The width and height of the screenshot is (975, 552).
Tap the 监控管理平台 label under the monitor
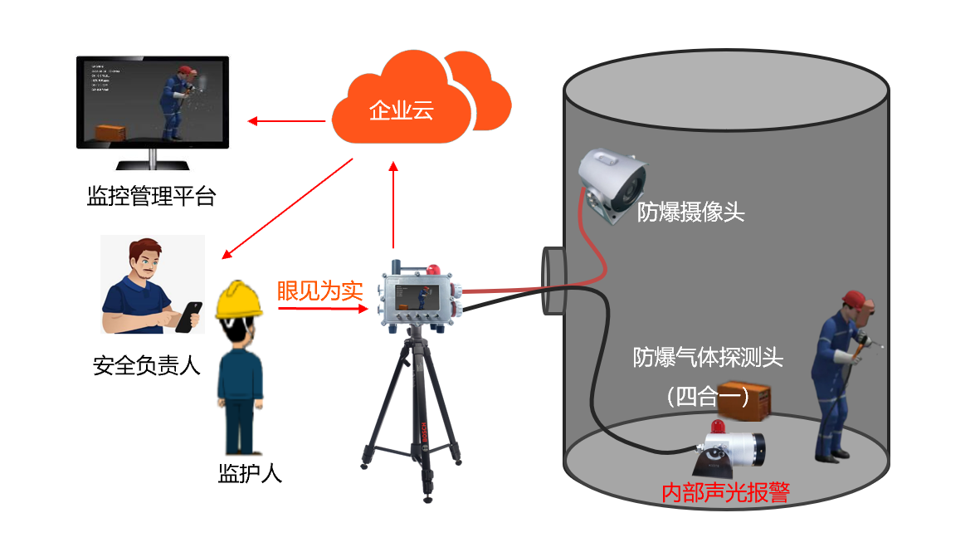pyautogui.click(x=151, y=197)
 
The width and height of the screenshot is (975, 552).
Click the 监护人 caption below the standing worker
pyautogui.click(x=250, y=474)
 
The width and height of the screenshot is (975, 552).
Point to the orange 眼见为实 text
pyautogui.click(x=319, y=291)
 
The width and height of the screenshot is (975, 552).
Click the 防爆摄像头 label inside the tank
pyautogui.click(x=690, y=212)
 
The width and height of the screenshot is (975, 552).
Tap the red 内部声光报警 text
pyautogui.click(x=724, y=492)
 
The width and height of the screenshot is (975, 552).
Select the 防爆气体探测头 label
pyautogui.click(x=708, y=358)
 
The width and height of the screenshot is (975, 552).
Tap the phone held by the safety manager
pyautogui.click(x=192, y=315)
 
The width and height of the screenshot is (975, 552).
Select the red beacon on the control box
pyautogui.click(x=432, y=269)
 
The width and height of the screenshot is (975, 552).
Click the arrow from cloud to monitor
pyautogui.click(x=287, y=122)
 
